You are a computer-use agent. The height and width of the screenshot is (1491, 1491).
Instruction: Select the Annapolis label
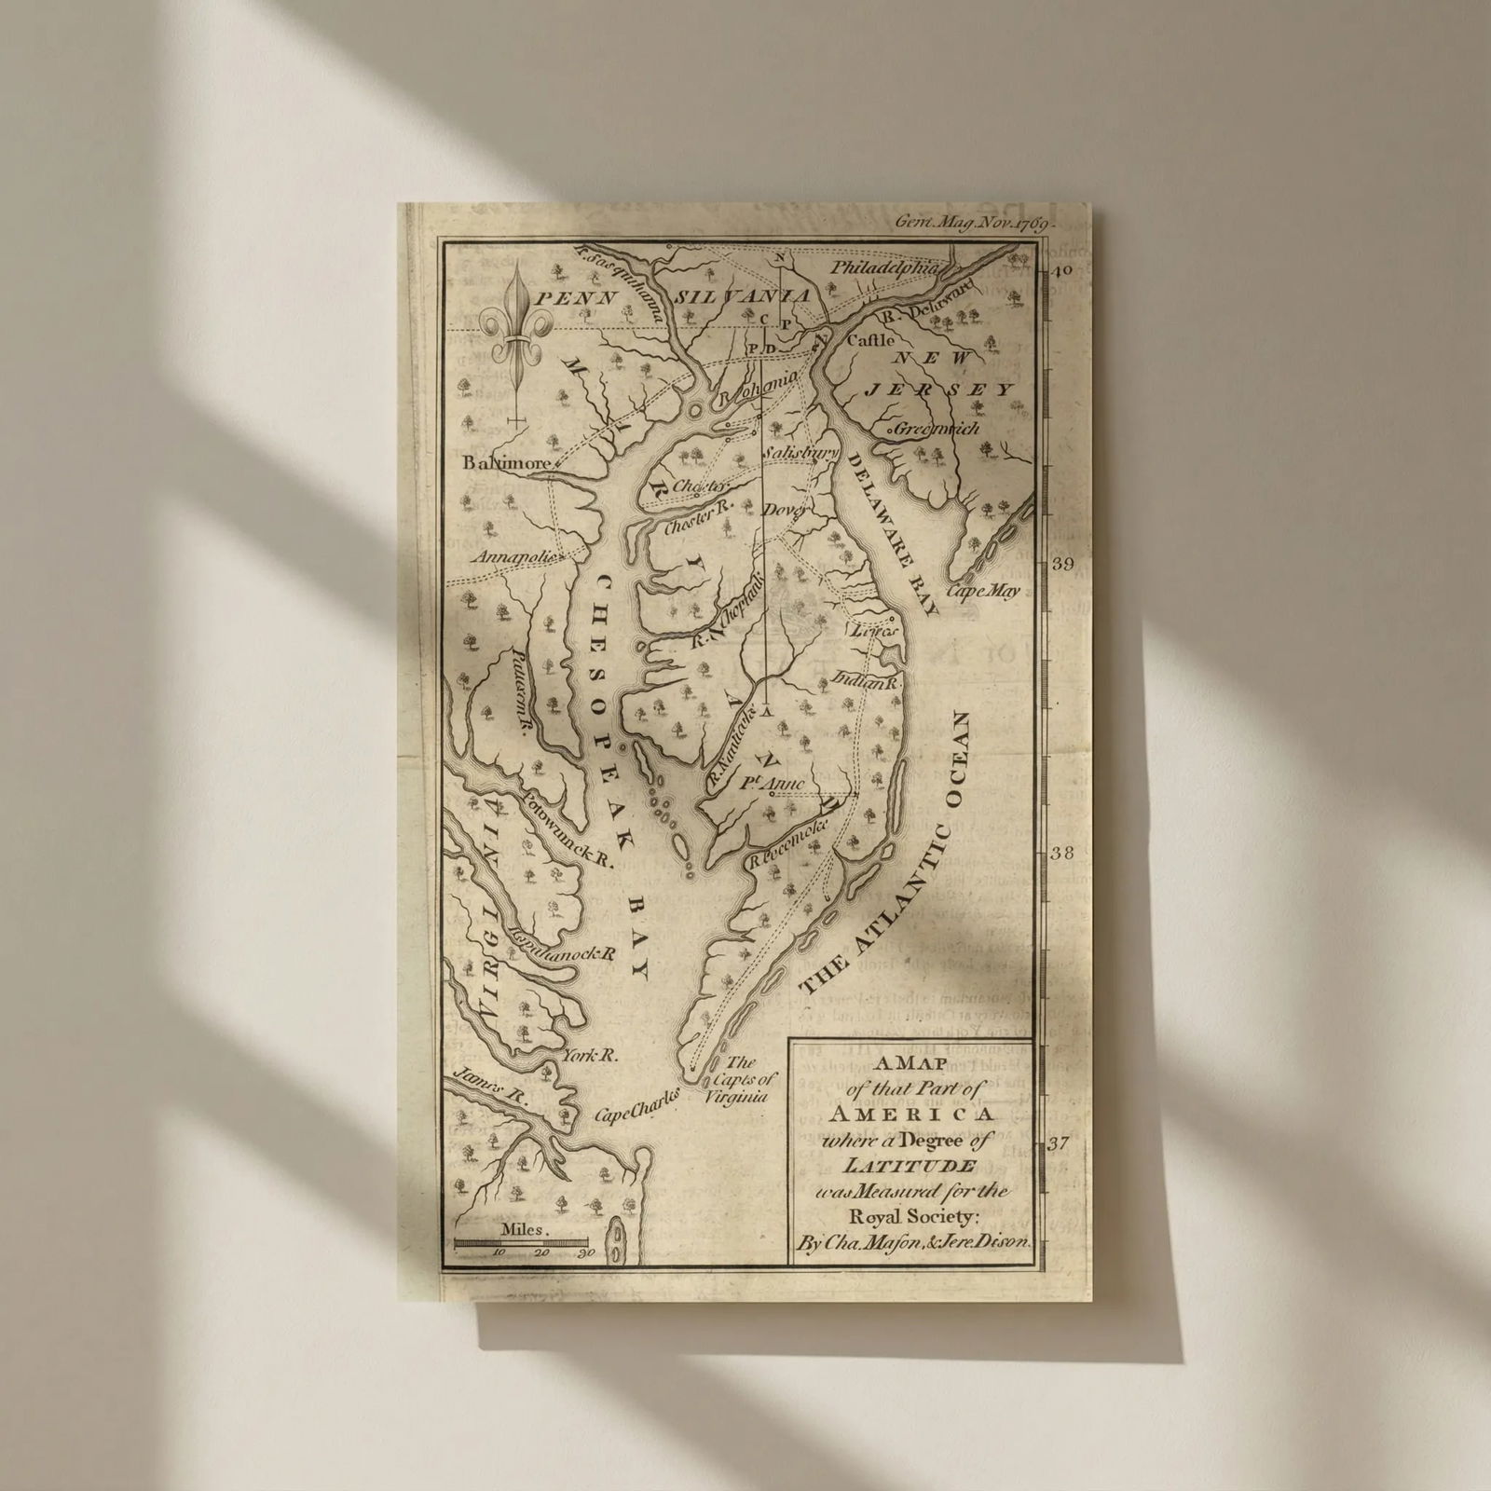point(518,558)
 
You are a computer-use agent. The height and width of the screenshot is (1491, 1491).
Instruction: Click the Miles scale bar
point(522,1242)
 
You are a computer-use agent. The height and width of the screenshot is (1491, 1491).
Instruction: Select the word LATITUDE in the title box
point(910,1166)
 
